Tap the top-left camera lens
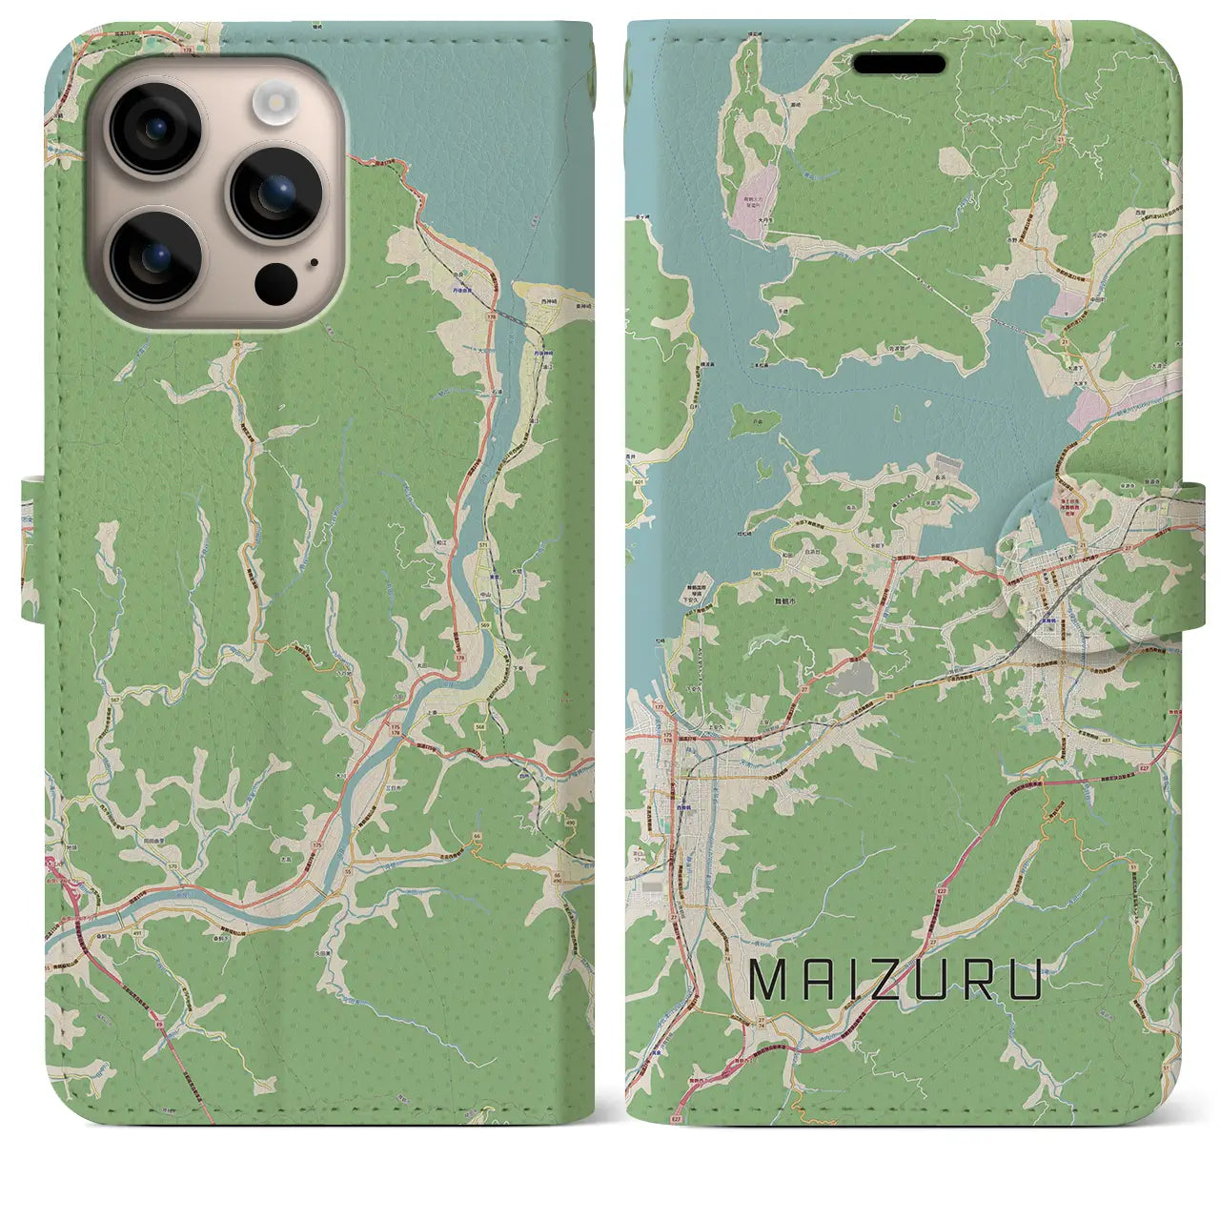pyautogui.click(x=155, y=128)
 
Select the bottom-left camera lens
pyautogui.click(x=155, y=254)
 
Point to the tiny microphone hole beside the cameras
pyautogui.click(x=314, y=263)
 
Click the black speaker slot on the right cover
pyautogui.click(x=898, y=65)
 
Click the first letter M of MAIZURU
pyautogui.click(x=767, y=981)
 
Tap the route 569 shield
pyautogui.click(x=485, y=624)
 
